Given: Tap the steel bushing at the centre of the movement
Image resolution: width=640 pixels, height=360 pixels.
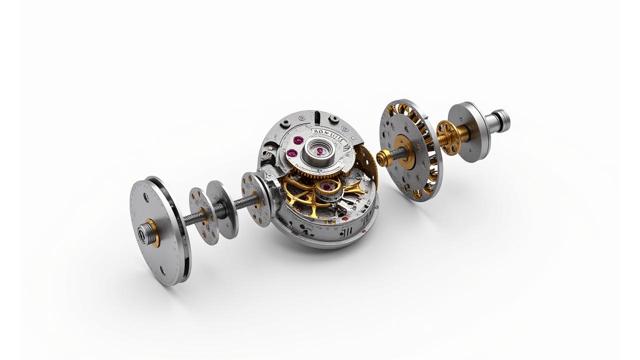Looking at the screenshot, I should click(316, 150).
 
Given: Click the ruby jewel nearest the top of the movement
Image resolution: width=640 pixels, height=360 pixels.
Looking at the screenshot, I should click(298, 140).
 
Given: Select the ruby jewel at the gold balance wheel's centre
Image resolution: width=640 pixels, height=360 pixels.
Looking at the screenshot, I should click(326, 187).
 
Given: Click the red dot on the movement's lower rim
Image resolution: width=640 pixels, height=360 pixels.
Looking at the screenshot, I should click(344, 218).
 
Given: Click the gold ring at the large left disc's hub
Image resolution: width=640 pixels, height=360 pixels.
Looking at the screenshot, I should click(152, 233).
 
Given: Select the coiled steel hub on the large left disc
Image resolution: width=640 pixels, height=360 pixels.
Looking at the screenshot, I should click(144, 233).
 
